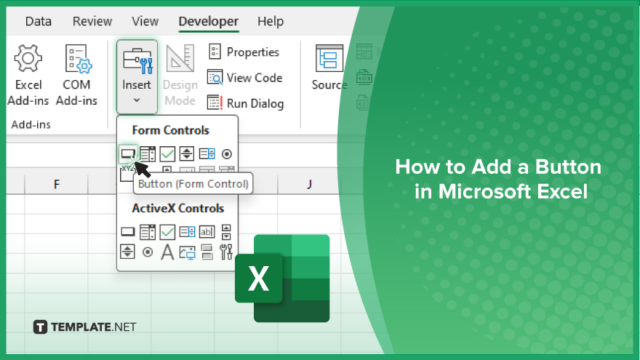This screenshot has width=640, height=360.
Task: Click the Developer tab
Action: tap(209, 21)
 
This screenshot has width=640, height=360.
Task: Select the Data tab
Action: tap(39, 21)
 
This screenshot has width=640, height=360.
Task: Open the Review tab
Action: tap(92, 21)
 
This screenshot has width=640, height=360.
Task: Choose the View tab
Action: tap(145, 21)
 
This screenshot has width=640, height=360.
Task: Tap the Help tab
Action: tap(271, 21)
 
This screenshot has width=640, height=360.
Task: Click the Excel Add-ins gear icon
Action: tap(28, 58)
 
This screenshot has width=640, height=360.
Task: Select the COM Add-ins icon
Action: tap(79, 59)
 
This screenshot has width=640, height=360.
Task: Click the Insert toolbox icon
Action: tap(137, 60)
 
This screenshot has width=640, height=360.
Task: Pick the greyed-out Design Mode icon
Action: tap(180, 58)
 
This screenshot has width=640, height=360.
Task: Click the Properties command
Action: tap(244, 52)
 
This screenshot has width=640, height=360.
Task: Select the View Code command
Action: tap(244, 78)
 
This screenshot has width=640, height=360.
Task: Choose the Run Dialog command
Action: tap(245, 103)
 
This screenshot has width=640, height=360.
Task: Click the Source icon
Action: tap(329, 58)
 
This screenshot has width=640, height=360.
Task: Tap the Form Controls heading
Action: tap(171, 130)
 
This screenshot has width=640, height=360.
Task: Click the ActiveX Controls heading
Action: tap(178, 208)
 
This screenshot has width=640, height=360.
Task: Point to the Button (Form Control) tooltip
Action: tap(193, 184)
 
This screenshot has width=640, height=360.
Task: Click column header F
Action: tap(57, 185)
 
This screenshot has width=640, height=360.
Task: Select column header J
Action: tap(309, 185)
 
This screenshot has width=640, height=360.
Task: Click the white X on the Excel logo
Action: tap(258, 279)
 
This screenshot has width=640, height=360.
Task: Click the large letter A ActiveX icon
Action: tap(167, 252)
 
